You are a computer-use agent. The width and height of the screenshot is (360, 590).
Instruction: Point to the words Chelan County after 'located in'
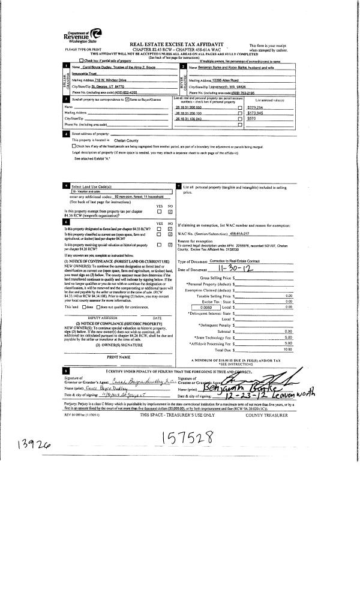point(126,139)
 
